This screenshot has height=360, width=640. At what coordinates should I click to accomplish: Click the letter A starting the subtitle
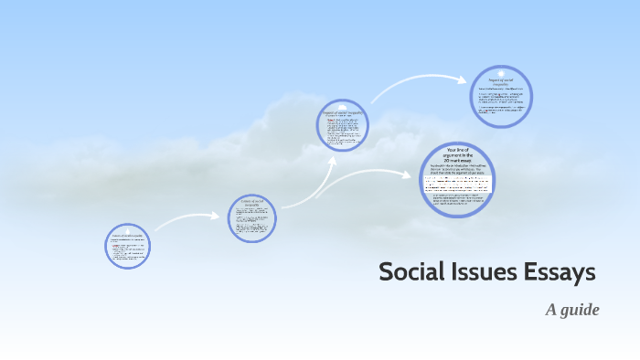point(551,310)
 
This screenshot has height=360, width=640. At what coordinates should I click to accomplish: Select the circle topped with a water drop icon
point(127,247)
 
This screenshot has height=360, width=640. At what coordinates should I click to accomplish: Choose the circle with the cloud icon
point(343,129)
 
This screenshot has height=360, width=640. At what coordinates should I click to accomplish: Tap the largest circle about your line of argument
point(457,180)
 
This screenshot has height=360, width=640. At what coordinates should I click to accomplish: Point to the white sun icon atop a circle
point(501,72)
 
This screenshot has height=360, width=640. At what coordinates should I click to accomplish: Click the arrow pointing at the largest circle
point(366,178)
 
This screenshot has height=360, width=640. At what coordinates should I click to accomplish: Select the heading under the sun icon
point(501,82)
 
